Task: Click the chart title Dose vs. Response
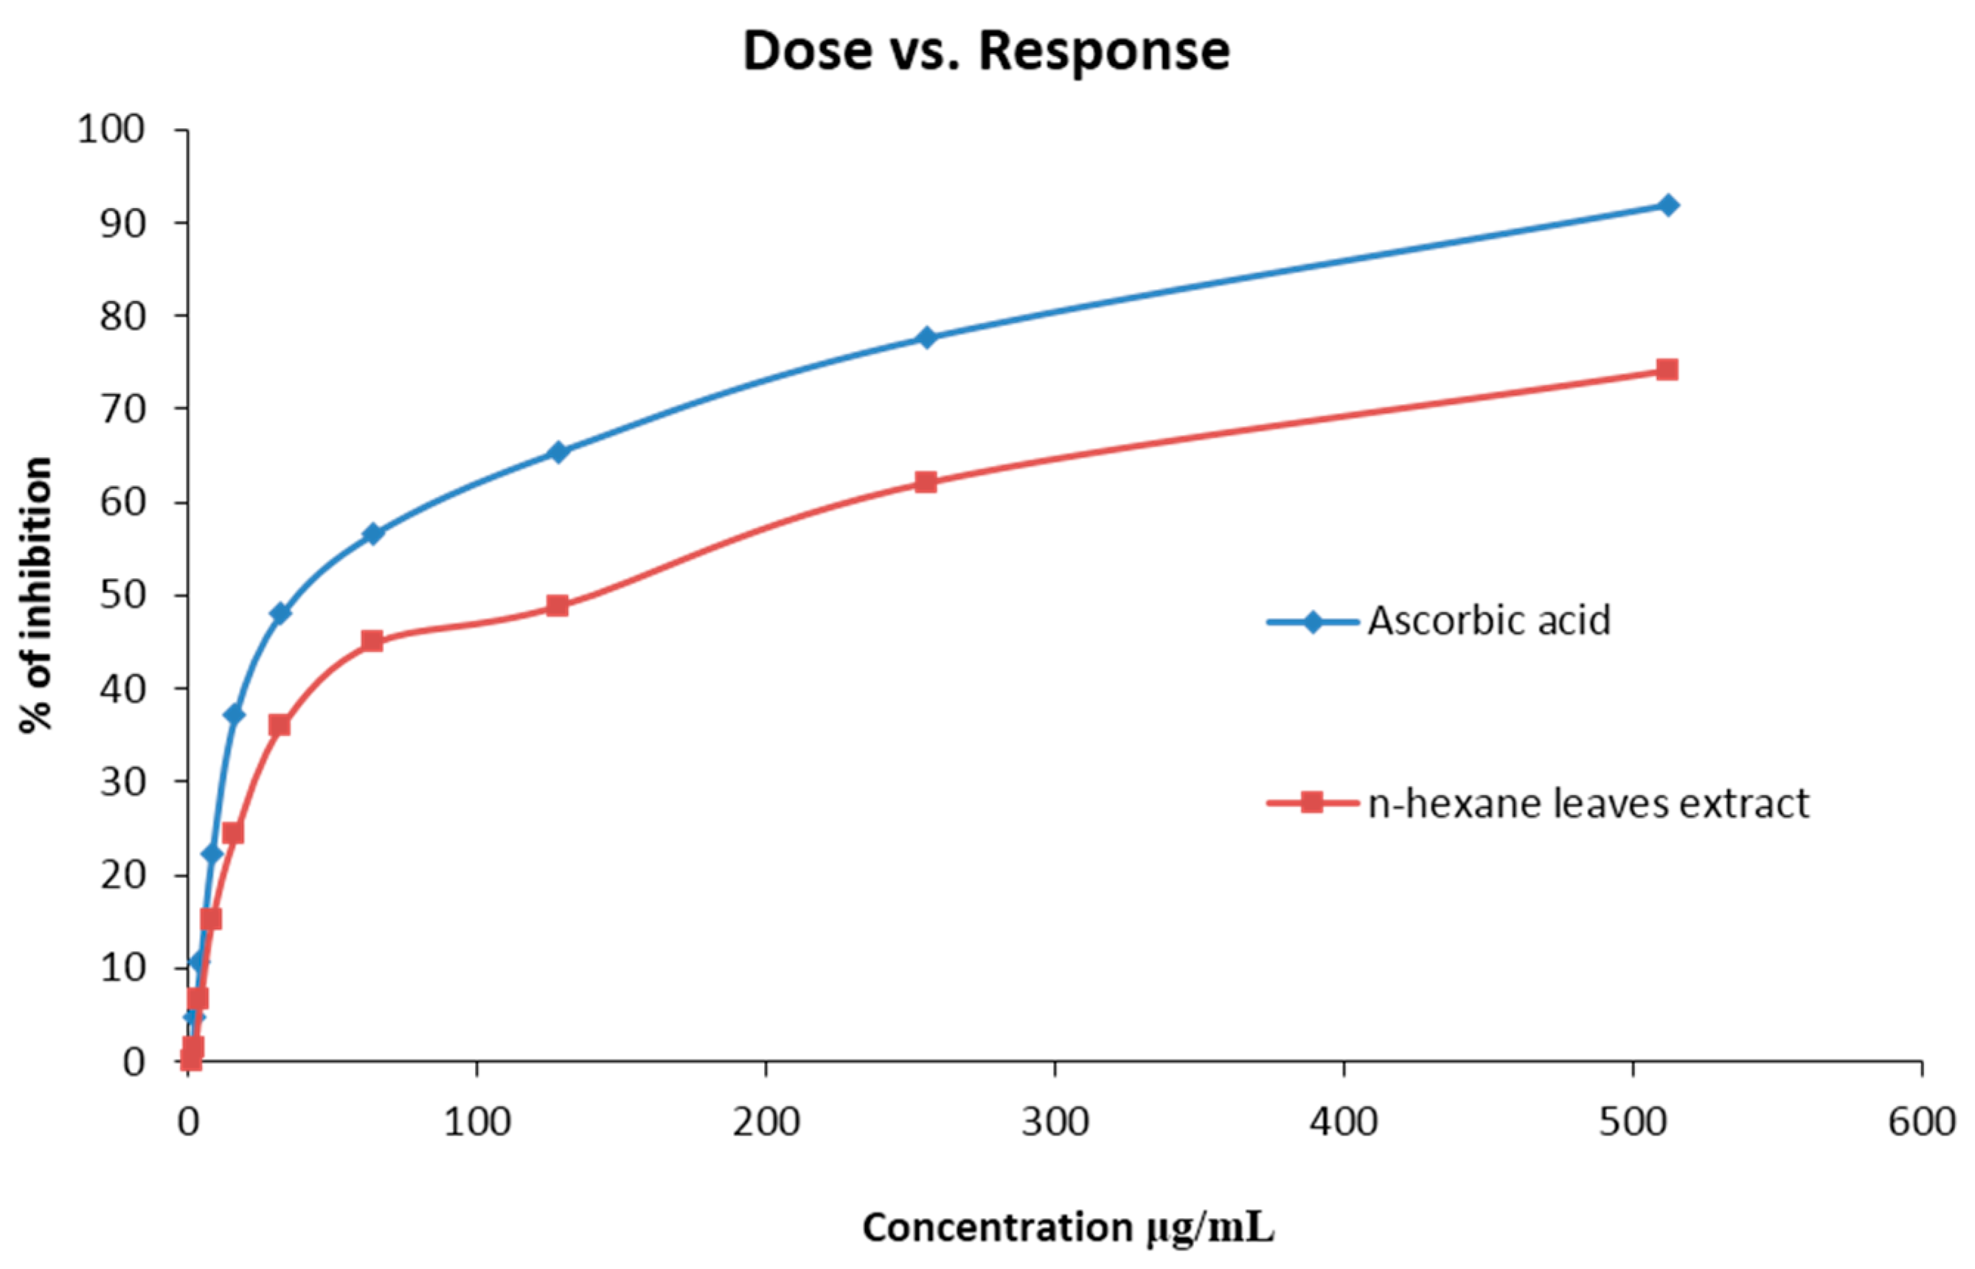point(986,51)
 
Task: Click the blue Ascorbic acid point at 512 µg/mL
point(1667,205)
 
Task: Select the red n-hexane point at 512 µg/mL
point(1667,369)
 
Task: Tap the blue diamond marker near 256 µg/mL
point(926,337)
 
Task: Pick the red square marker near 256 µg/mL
point(926,482)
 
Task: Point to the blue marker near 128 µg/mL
point(558,451)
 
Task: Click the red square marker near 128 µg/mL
point(558,605)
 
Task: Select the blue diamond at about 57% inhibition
point(373,533)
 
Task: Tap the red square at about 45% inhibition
point(372,640)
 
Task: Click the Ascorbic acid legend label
point(1489,622)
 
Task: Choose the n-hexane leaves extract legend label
point(1588,804)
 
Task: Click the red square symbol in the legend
point(1312,802)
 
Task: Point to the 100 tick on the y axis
point(111,129)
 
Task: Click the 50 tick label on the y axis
point(122,595)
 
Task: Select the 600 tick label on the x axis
point(1921,1122)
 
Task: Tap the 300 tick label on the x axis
point(1055,1122)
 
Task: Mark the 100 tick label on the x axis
point(477,1122)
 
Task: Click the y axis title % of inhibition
point(36,595)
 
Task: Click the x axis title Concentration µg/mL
point(1069,1228)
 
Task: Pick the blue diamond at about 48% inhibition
point(280,613)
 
